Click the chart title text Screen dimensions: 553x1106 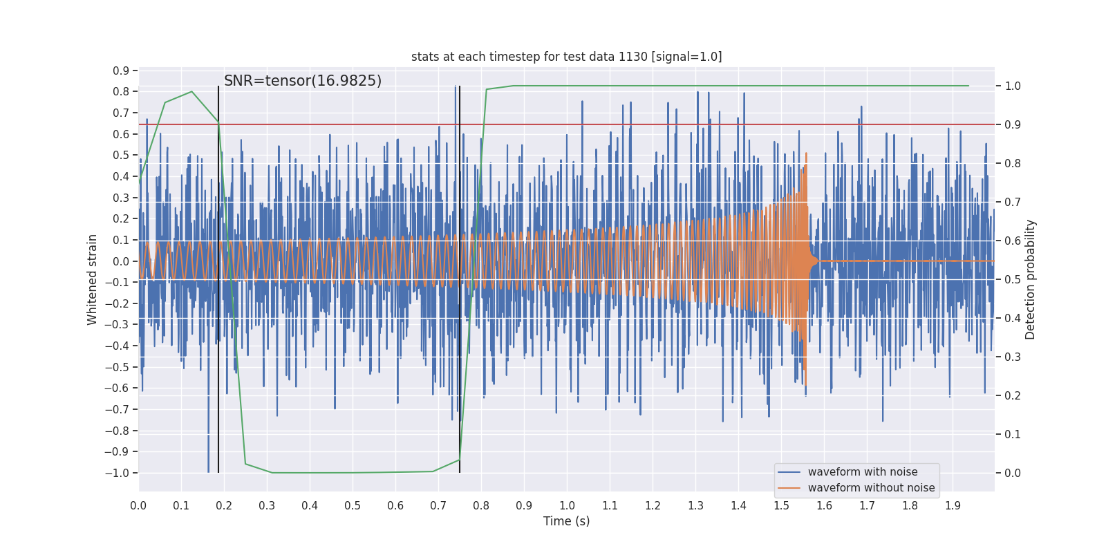[566, 57]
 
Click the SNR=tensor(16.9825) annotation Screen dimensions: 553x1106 [303, 81]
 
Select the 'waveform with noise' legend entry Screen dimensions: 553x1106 [862, 472]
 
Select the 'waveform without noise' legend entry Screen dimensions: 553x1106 [870, 488]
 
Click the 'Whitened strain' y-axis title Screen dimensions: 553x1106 [93, 279]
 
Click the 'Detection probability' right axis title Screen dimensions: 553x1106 [1031, 279]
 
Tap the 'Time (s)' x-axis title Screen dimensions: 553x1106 [566, 521]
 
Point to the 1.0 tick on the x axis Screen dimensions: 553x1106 [567, 505]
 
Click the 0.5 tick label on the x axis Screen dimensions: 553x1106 [353, 505]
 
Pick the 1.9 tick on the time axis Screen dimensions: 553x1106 [953, 505]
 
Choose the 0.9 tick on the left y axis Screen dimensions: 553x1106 [121, 71]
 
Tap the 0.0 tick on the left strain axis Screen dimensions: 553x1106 [121, 261]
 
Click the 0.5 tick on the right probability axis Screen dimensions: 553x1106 [1013, 279]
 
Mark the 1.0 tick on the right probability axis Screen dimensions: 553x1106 [1013, 86]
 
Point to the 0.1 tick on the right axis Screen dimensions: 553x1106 [1013, 434]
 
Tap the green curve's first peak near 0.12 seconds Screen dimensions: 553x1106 [191, 91]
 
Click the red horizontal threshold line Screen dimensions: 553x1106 [691, 124]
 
